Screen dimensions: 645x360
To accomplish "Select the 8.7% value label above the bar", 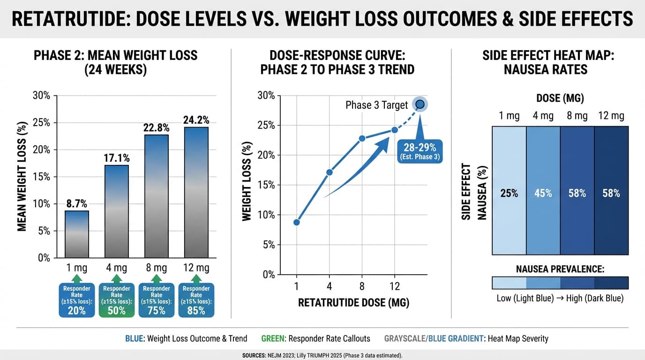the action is click(x=76, y=204).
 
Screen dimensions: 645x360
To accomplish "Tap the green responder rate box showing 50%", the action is click(x=116, y=300).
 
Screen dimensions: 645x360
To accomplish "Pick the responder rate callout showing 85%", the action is click(x=196, y=300).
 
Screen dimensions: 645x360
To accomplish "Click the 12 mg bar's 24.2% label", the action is click(x=196, y=120).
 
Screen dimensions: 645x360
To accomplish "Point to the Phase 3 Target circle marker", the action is click(x=420, y=105).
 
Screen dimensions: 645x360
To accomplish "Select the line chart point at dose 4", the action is click(x=329, y=172).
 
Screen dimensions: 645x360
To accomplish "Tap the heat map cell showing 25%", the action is click(x=509, y=193).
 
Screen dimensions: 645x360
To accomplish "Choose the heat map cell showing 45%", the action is click(x=543, y=193).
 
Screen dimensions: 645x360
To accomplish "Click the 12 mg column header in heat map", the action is click(x=611, y=116).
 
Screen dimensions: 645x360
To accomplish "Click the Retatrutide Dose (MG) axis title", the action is click(x=353, y=303).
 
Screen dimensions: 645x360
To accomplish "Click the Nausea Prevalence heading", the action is click(x=560, y=269).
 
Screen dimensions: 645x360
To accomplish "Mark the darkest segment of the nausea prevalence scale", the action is click(x=611, y=283).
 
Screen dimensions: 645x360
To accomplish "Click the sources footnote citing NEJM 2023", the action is click(x=322, y=356).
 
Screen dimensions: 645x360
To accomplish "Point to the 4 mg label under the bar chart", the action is click(x=116, y=268).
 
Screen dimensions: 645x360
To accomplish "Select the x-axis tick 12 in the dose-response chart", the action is click(x=394, y=285).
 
